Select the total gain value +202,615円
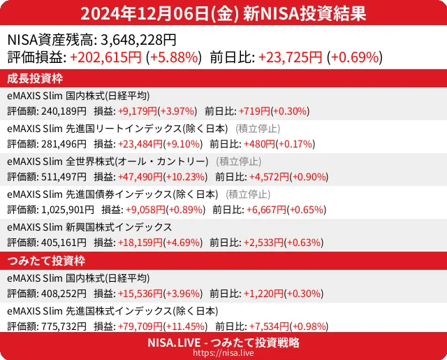(106, 57)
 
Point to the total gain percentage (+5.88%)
(174, 57)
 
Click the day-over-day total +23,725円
(290, 57)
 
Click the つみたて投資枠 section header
(45, 261)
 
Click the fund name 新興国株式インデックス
(119, 227)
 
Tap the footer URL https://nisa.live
(223, 354)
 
